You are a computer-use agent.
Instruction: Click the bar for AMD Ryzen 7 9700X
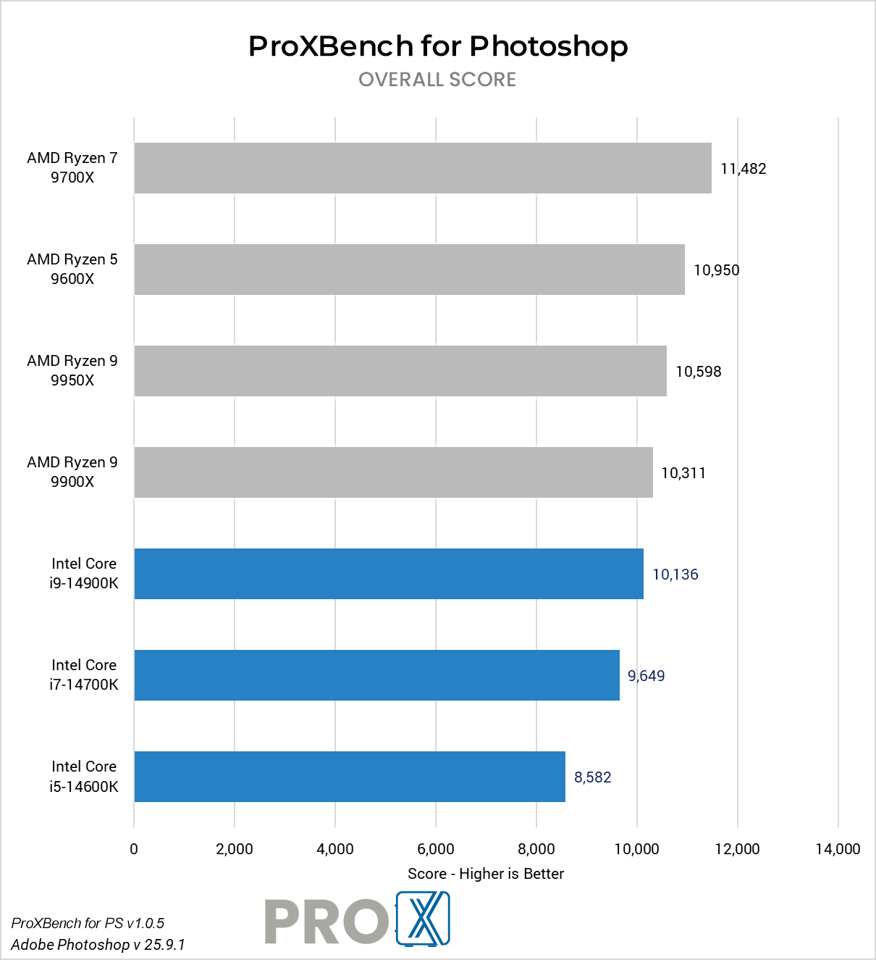click(423, 168)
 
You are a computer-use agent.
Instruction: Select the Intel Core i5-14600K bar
click(350, 777)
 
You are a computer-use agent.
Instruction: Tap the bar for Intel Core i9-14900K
click(389, 574)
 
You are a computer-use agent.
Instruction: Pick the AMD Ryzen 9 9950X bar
click(400, 371)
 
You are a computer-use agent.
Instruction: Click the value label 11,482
click(743, 169)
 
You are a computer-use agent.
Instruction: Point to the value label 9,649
click(646, 676)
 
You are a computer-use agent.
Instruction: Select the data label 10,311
click(683, 473)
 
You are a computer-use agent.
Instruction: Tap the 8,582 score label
click(592, 777)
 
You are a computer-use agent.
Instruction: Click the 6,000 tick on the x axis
click(436, 849)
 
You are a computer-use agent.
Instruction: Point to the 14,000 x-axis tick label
click(838, 849)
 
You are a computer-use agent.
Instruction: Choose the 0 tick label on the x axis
click(134, 849)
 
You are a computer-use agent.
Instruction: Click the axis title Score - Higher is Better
click(486, 874)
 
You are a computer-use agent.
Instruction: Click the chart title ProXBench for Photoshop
click(438, 46)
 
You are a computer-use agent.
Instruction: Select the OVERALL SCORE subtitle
click(437, 80)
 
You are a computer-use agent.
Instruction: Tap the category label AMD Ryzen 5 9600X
click(72, 269)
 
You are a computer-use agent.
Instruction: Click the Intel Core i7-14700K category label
click(84, 675)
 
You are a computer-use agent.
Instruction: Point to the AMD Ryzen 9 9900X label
click(72, 472)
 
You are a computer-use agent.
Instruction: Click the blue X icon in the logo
click(424, 919)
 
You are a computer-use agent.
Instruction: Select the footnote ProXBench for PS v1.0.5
click(88, 923)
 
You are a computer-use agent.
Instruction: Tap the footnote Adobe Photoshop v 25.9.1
click(98, 945)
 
